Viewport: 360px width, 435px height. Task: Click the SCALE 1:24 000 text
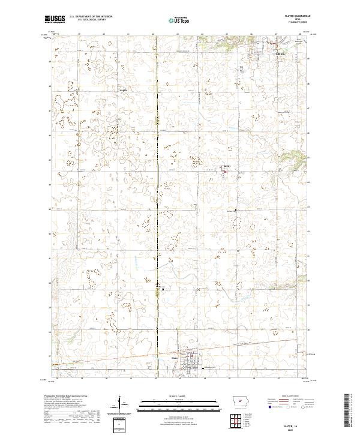point(179,397)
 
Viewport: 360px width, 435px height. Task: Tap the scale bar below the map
point(179,403)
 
